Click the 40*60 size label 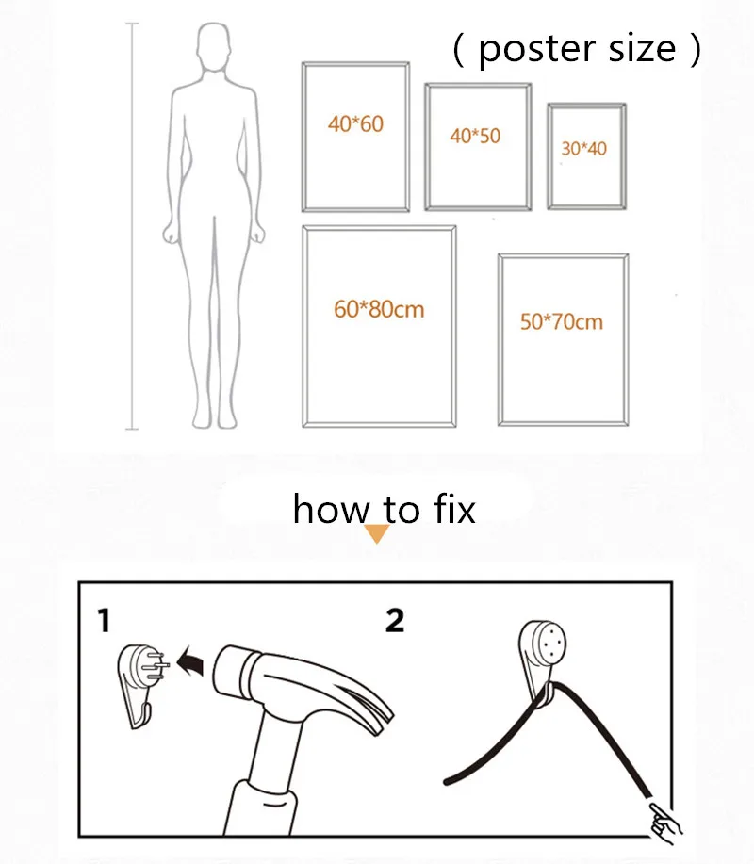click(x=355, y=123)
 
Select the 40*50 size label click(x=475, y=136)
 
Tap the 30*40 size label click(x=583, y=148)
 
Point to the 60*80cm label click(x=379, y=308)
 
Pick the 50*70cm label click(x=561, y=321)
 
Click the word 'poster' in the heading click(x=533, y=50)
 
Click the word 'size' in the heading click(x=641, y=49)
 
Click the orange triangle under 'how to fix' click(x=377, y=534)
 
